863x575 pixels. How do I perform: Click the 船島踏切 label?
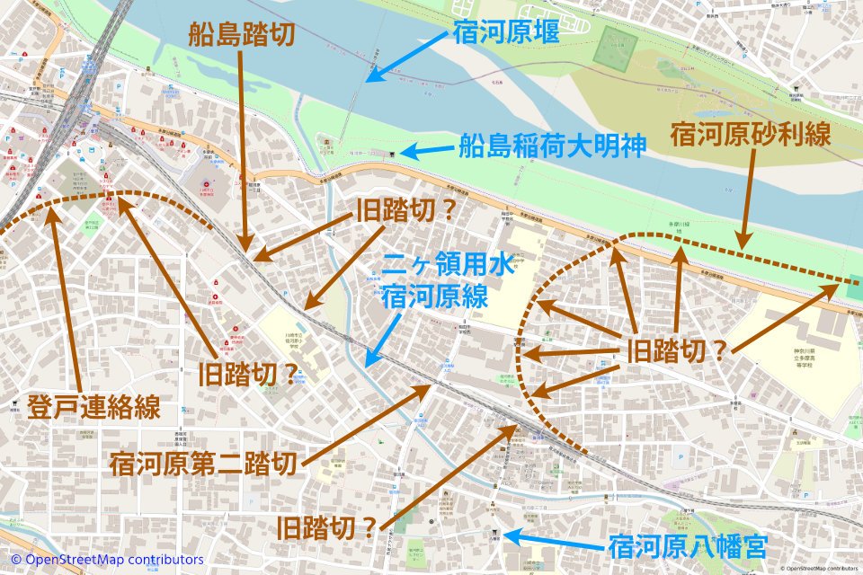coord(242,34)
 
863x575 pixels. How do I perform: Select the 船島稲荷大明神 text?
coord(552,146)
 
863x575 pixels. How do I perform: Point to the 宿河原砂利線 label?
coord(750,136)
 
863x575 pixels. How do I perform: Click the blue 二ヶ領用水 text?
coord(447,265)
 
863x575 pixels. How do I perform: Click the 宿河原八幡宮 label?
coord(688,544)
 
